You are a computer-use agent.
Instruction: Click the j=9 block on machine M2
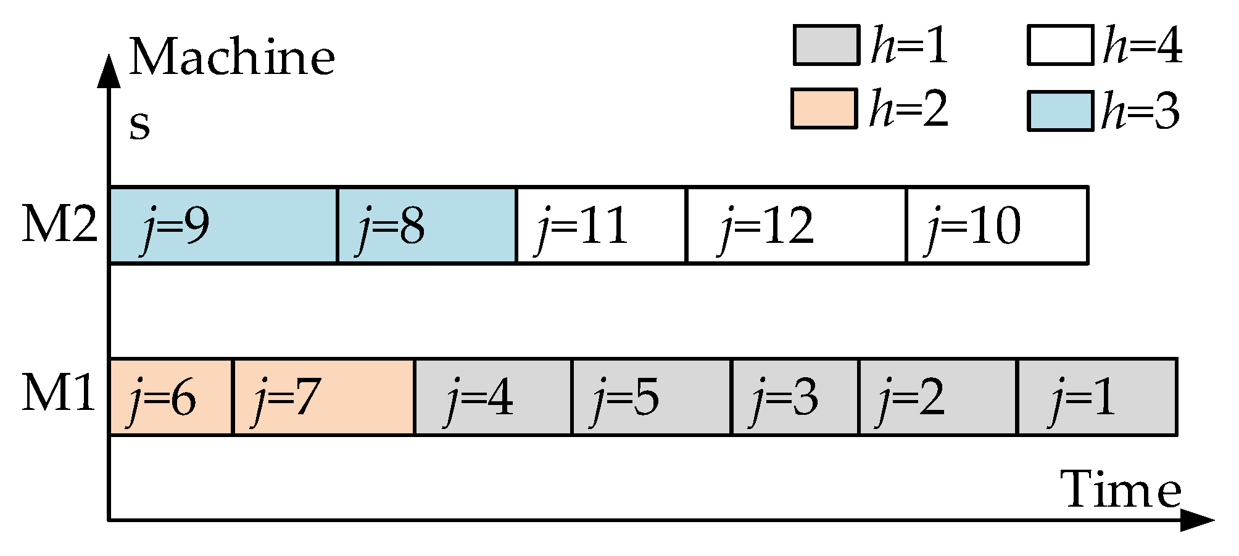(x=223, y=226)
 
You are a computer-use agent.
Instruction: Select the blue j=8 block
(x=427, y=226)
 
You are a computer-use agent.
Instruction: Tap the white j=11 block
(x=601, y=226)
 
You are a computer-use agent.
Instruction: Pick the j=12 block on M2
(x=796, y=226)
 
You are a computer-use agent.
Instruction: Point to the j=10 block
(x=997, y=226)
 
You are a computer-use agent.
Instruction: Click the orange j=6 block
(x=171, y=397)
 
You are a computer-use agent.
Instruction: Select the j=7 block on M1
(x=323, y=397)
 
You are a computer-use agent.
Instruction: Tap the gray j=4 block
(x=494, y=397)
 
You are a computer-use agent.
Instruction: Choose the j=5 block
(x=652, y=397)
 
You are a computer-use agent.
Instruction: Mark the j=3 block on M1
(x=795, y=397)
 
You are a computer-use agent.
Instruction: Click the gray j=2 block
(x=937, y=397)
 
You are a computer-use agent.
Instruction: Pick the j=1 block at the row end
(x=1097, y=397)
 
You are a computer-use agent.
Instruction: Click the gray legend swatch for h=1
(x=826, y=45)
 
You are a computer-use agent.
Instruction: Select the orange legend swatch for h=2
(x=824, y=108)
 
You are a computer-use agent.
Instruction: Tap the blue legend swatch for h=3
(x=1060, y=111)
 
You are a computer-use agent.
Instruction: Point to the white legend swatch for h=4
(x=1060, y=45)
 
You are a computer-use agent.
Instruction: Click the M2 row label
(x=59, y=224)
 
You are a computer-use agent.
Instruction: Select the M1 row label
(x=59, y=393)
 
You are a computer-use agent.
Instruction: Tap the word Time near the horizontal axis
(x=1120, y=491)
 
